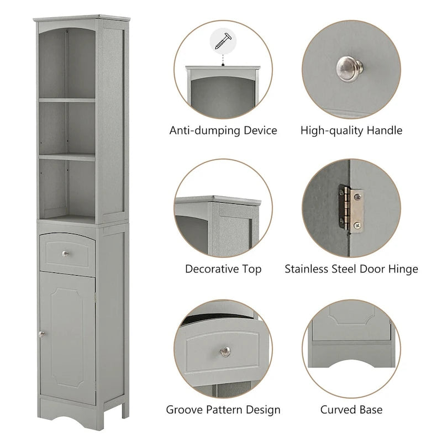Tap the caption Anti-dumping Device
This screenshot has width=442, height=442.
[223, 131]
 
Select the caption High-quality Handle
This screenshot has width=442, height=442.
[351, 131]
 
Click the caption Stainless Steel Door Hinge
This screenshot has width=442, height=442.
[351, 270]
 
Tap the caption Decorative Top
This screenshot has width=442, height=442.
[223, 270]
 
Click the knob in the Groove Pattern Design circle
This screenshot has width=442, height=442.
[225, 351]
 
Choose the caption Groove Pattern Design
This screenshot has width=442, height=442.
[223, 410]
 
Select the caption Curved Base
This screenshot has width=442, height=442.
[351, 410]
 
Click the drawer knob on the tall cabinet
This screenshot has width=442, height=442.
[65, 254]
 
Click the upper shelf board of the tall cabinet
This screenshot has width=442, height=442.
[67, 100]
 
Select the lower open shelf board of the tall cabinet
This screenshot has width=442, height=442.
[67, 157]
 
